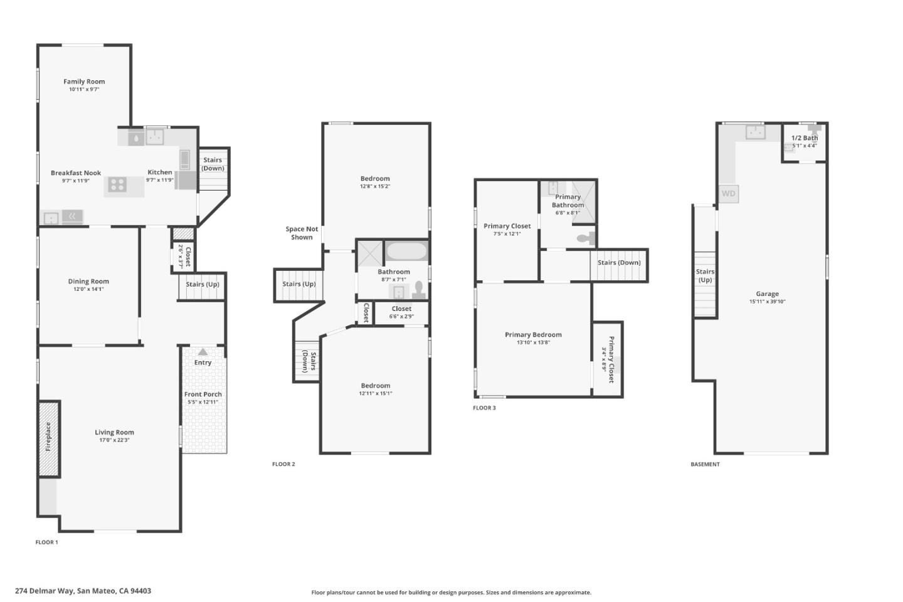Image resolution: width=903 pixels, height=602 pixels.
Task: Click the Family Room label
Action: pos(84,82)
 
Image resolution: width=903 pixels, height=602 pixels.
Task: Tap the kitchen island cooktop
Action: pos(117,185)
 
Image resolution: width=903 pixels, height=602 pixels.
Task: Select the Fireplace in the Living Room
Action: pos(49,439)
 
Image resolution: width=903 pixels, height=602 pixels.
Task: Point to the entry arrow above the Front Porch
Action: pos(203,352)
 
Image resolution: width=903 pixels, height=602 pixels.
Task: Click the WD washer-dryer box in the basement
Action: pos(729,194)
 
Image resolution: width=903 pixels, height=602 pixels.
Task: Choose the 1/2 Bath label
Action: pos(805,138)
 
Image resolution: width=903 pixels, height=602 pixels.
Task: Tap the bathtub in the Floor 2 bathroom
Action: pos(406,251)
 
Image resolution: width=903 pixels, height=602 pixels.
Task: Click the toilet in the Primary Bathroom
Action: pos(586,238)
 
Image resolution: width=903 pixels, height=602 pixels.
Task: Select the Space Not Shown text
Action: pos(302,233)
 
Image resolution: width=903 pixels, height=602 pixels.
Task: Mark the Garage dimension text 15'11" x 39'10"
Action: pos(767,302)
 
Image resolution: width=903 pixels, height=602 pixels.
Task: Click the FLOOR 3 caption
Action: pos(484,408)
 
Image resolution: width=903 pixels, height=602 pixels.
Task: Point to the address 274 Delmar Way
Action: pos(45,591)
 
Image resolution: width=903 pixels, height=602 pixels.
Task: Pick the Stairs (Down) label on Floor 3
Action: pos(619,263)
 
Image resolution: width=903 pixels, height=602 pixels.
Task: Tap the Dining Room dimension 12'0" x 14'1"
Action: pos(88,289)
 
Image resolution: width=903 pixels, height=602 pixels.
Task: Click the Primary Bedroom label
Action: pos(533,335)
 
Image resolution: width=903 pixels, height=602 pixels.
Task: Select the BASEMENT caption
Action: pos(705,464)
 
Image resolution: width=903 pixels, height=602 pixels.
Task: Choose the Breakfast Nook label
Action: pos(76,173)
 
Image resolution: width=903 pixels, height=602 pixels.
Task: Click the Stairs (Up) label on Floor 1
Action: pos(203,284)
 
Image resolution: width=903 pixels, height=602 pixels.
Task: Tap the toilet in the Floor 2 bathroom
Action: pos(419,290)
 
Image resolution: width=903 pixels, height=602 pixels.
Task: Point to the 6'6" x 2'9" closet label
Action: pos(401,317)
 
